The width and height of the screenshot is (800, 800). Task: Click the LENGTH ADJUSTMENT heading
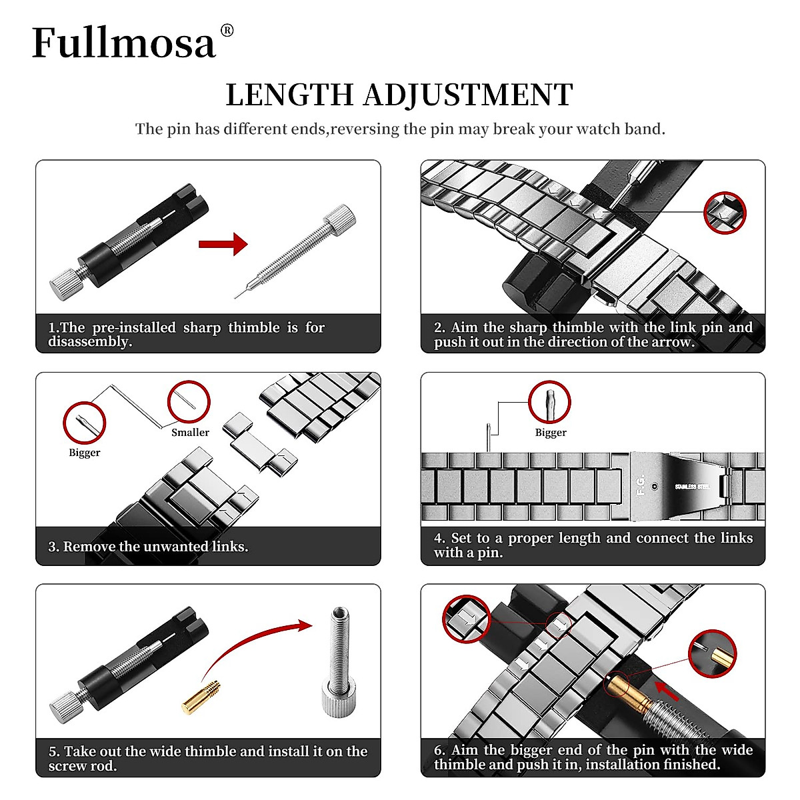tap(399, 95)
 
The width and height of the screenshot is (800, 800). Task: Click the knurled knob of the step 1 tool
tap(65, 285)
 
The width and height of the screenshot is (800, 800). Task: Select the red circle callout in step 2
tap(725, 213)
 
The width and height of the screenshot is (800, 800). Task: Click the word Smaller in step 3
tap(190, 433)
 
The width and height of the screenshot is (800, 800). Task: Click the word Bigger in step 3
tap(85, 453)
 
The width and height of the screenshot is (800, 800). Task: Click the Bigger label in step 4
tap(551, 433)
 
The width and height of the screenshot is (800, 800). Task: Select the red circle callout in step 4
tap(549, 402)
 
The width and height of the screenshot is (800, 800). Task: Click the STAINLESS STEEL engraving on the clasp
tap(692, 487)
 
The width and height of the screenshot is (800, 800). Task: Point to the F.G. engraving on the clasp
tap(641, 485)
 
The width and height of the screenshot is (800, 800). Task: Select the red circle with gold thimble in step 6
tap(712, 653)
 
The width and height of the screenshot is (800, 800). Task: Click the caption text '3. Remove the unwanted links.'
tap(148, 547)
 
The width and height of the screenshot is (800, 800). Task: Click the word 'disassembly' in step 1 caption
tap(89, 342)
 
